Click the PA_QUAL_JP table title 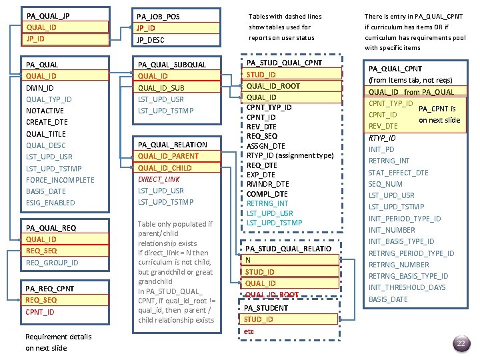[47, 15]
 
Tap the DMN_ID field [40, 88]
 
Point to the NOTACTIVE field [45, 111]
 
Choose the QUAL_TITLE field [46, 134]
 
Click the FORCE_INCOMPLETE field [60, 180]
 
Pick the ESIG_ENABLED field [50, 203]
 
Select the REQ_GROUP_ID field [52, 263]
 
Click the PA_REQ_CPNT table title [50, 289]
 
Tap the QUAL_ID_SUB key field [161, 88]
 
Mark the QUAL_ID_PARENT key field [168, 156]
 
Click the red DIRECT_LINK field [159, 179]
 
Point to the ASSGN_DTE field [265, 146]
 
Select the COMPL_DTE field [267, 194]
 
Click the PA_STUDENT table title [266, 308]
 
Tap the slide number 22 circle [460, 344]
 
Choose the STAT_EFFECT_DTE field [398, 173]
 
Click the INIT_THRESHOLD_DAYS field [407, 287]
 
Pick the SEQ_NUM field [385, 184]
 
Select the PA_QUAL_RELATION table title [172, 145]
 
